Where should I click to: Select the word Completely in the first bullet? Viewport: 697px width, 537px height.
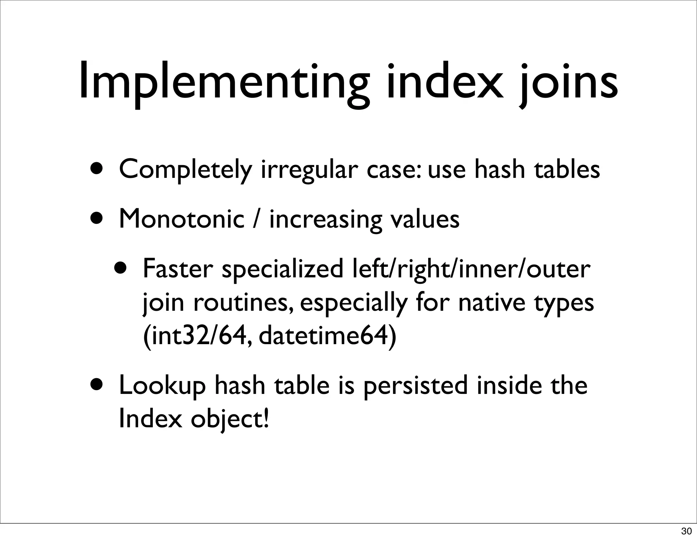click(x=185, y=170)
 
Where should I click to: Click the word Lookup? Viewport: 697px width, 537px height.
click(x=163, y=386)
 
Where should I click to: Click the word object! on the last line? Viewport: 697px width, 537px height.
click(x=230, y=419)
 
